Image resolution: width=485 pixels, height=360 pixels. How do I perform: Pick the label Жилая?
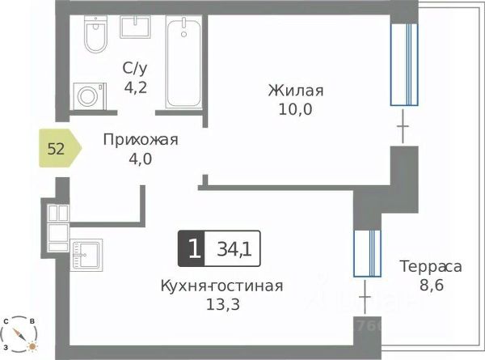[x=296, y=90]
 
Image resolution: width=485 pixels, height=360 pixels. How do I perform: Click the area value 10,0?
[x=296, y=108]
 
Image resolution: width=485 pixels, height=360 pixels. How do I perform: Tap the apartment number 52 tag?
[x=58, y=148]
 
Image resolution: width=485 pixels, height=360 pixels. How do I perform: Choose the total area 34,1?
[x=234, y=248]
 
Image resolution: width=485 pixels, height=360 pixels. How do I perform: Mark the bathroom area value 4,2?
[x=134, y=86]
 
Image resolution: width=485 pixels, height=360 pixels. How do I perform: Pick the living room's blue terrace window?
[x=404, y=66]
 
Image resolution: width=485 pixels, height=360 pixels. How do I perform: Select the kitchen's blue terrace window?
[x=366, y=252]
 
